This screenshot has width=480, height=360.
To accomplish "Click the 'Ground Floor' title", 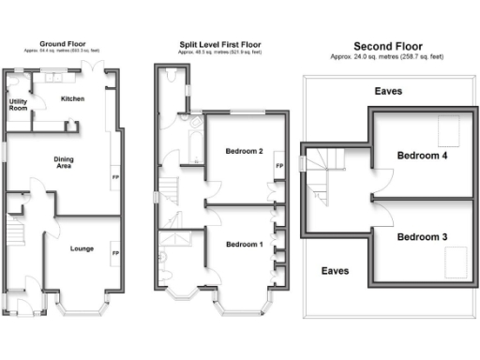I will click(x=63, y=43).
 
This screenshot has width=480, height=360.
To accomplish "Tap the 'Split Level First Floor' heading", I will click(x=220, y=44).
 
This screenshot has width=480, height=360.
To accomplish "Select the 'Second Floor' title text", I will click(x=387, y=46).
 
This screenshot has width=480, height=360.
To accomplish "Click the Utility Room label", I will click(x=19, y=105).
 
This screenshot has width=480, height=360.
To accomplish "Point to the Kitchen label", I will click(x=73, y=98).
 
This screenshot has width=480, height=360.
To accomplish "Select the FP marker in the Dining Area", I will click(x=116, y=176).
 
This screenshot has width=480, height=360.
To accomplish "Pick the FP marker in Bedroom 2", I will click(x=278, y=168).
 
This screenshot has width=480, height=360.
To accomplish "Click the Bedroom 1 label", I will click(x=243, y=245).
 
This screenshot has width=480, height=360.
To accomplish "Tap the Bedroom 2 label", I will click(x=243, y=151).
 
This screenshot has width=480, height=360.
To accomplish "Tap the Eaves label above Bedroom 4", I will click(x=390, y=92).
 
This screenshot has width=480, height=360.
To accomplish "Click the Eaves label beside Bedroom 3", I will click(x=335, y=270).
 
